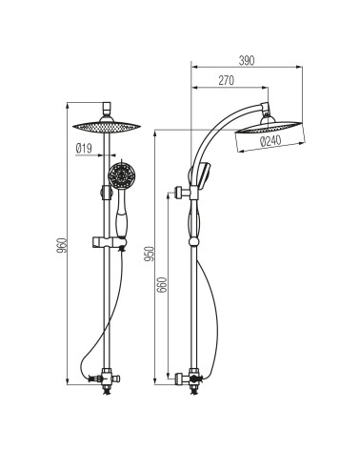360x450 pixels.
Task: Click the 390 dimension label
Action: [247, 60]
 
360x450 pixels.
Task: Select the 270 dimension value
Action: [226, 81]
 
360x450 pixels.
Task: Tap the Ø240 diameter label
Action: [270, 141]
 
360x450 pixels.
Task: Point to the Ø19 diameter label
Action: [84, 148]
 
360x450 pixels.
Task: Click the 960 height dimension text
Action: [63, 245]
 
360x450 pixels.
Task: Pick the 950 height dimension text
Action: [149, 254]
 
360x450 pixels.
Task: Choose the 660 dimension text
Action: [162, 285]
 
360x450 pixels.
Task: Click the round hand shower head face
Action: [122, 175]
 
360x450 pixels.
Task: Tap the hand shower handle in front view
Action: [121, 214]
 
